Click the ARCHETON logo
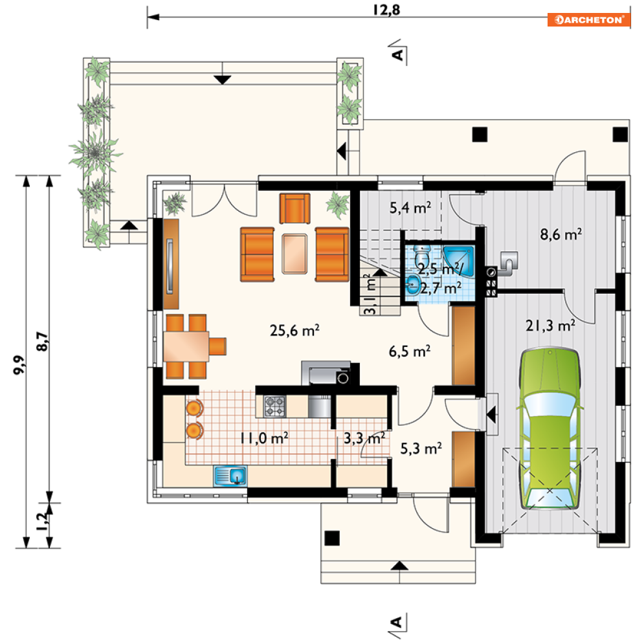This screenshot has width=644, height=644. click(588, 19)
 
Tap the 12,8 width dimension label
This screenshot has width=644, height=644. click(386, 10)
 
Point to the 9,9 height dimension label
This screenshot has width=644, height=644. click(19, 364)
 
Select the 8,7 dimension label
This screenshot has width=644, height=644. click(42, 341)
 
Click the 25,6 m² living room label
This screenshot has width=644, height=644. click(294, 330)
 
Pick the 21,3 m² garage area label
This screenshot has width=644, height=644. click(550, 326)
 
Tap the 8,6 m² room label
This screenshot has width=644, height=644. click(561, 234)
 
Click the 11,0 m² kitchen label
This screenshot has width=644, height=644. click(265, 438)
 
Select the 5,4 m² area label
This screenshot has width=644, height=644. click(410, 208)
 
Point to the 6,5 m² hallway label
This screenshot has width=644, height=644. click(410, 351)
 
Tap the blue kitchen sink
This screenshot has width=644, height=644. click(230, 476)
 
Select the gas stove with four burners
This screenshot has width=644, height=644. click(274, 406)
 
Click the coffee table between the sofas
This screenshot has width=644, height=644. click(294, 254)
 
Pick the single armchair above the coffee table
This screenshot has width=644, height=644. click(295, 208)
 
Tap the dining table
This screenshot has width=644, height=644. click(186, 347)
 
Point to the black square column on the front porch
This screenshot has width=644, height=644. click(332, 538)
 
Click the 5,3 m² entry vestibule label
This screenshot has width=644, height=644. click(421, 449)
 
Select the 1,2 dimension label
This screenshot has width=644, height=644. click(42, 522)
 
